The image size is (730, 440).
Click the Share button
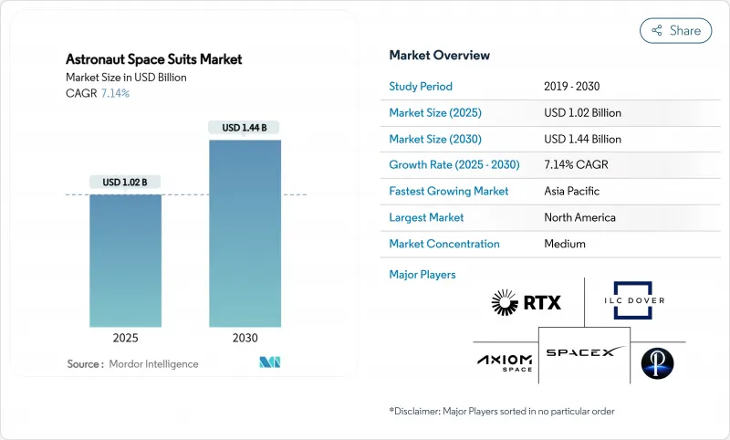tap(676, 30)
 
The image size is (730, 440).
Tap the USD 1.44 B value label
tap(245, 128)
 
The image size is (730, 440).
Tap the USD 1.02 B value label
tap(126, 183)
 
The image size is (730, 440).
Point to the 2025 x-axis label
tap(126, 338)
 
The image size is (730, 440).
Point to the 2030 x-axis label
tap(245, 338)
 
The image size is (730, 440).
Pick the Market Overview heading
tap(440, 55)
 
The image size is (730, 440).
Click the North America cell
tap(579, 217)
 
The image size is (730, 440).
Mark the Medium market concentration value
tap(564, 244)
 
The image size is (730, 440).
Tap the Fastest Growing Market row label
tap(449, 192)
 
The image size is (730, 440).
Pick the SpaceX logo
tap(584, 351)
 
